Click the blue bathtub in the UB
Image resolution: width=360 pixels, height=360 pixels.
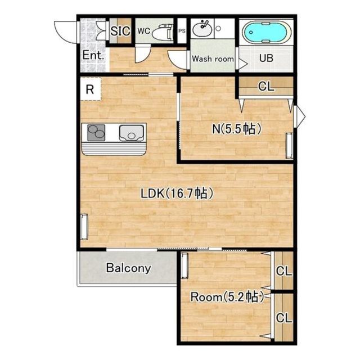coord(267,33)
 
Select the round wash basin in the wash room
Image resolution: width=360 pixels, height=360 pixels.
coord(201,28)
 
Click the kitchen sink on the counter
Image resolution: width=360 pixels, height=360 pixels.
coord(132,133)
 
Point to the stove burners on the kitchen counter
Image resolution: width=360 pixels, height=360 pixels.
coord(96,133)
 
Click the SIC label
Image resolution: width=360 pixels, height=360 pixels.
coord(120,31)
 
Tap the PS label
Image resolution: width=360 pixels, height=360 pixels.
coord(182,31)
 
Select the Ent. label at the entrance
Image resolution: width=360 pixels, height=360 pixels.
coord(93,55)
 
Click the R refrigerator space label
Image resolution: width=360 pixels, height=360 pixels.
coord(90,89)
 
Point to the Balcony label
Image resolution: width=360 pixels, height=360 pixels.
coord(129,268)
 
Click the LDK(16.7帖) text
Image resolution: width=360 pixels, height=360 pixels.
coord(177,193)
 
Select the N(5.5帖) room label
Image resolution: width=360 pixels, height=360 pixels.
coord(237,129)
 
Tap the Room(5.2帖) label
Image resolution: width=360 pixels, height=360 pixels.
coord(227,297)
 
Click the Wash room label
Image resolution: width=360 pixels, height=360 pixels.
coord(213,58)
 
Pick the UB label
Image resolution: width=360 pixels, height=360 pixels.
coord(266,58)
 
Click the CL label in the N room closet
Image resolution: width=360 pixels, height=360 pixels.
coord(266,87)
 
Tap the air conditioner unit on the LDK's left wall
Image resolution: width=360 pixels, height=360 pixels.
coord(84,227)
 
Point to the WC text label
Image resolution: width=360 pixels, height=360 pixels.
coord(144,31)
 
